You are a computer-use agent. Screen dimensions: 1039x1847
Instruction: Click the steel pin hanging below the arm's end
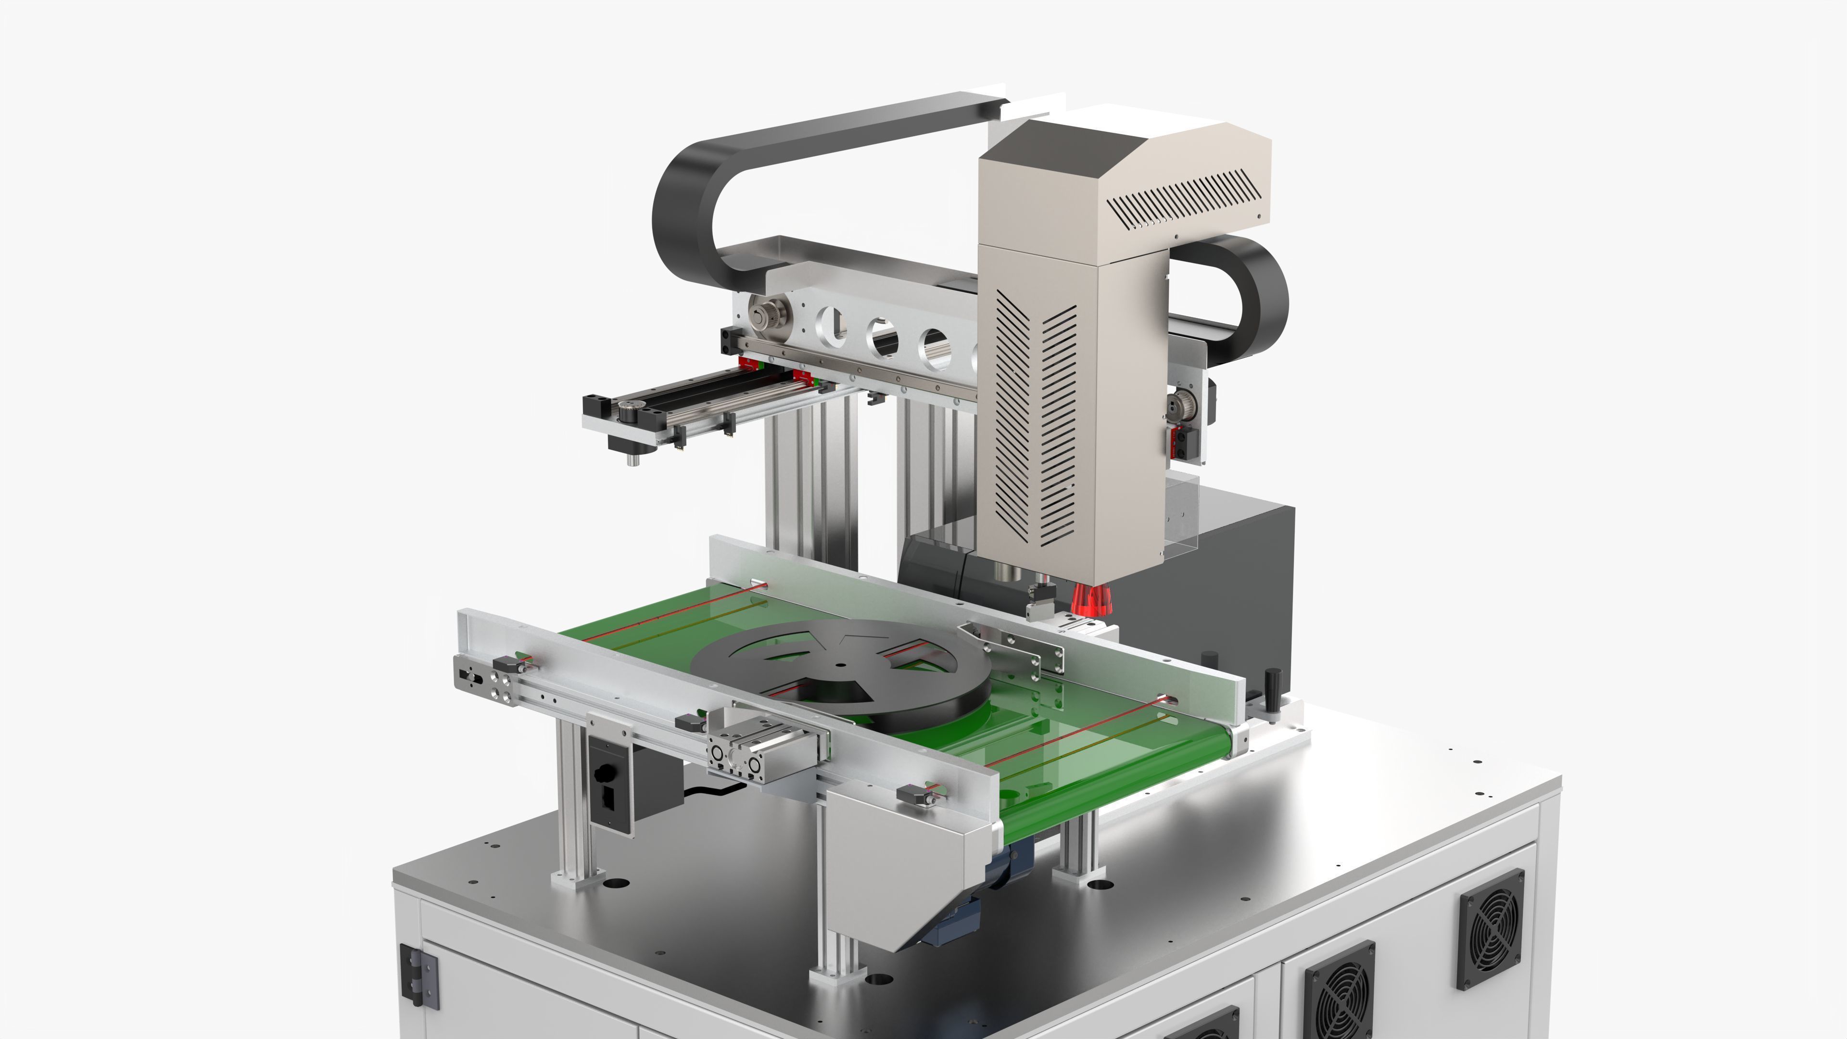point(633,457)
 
